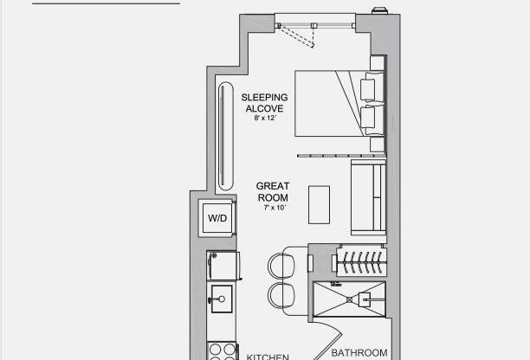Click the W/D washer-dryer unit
click(216, 218)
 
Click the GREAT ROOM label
click(272, 192)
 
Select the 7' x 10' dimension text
click(272, 207)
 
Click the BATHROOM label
click(359, 352)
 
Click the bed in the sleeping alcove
click(333, 102)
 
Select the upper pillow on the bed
click(371, 87)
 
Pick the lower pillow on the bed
click(371, 117)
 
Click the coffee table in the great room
click(319, 204)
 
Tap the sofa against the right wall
click(367, 197)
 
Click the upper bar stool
click(282, 263)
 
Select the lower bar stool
click(282, 294)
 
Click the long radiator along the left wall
click(225, 137)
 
